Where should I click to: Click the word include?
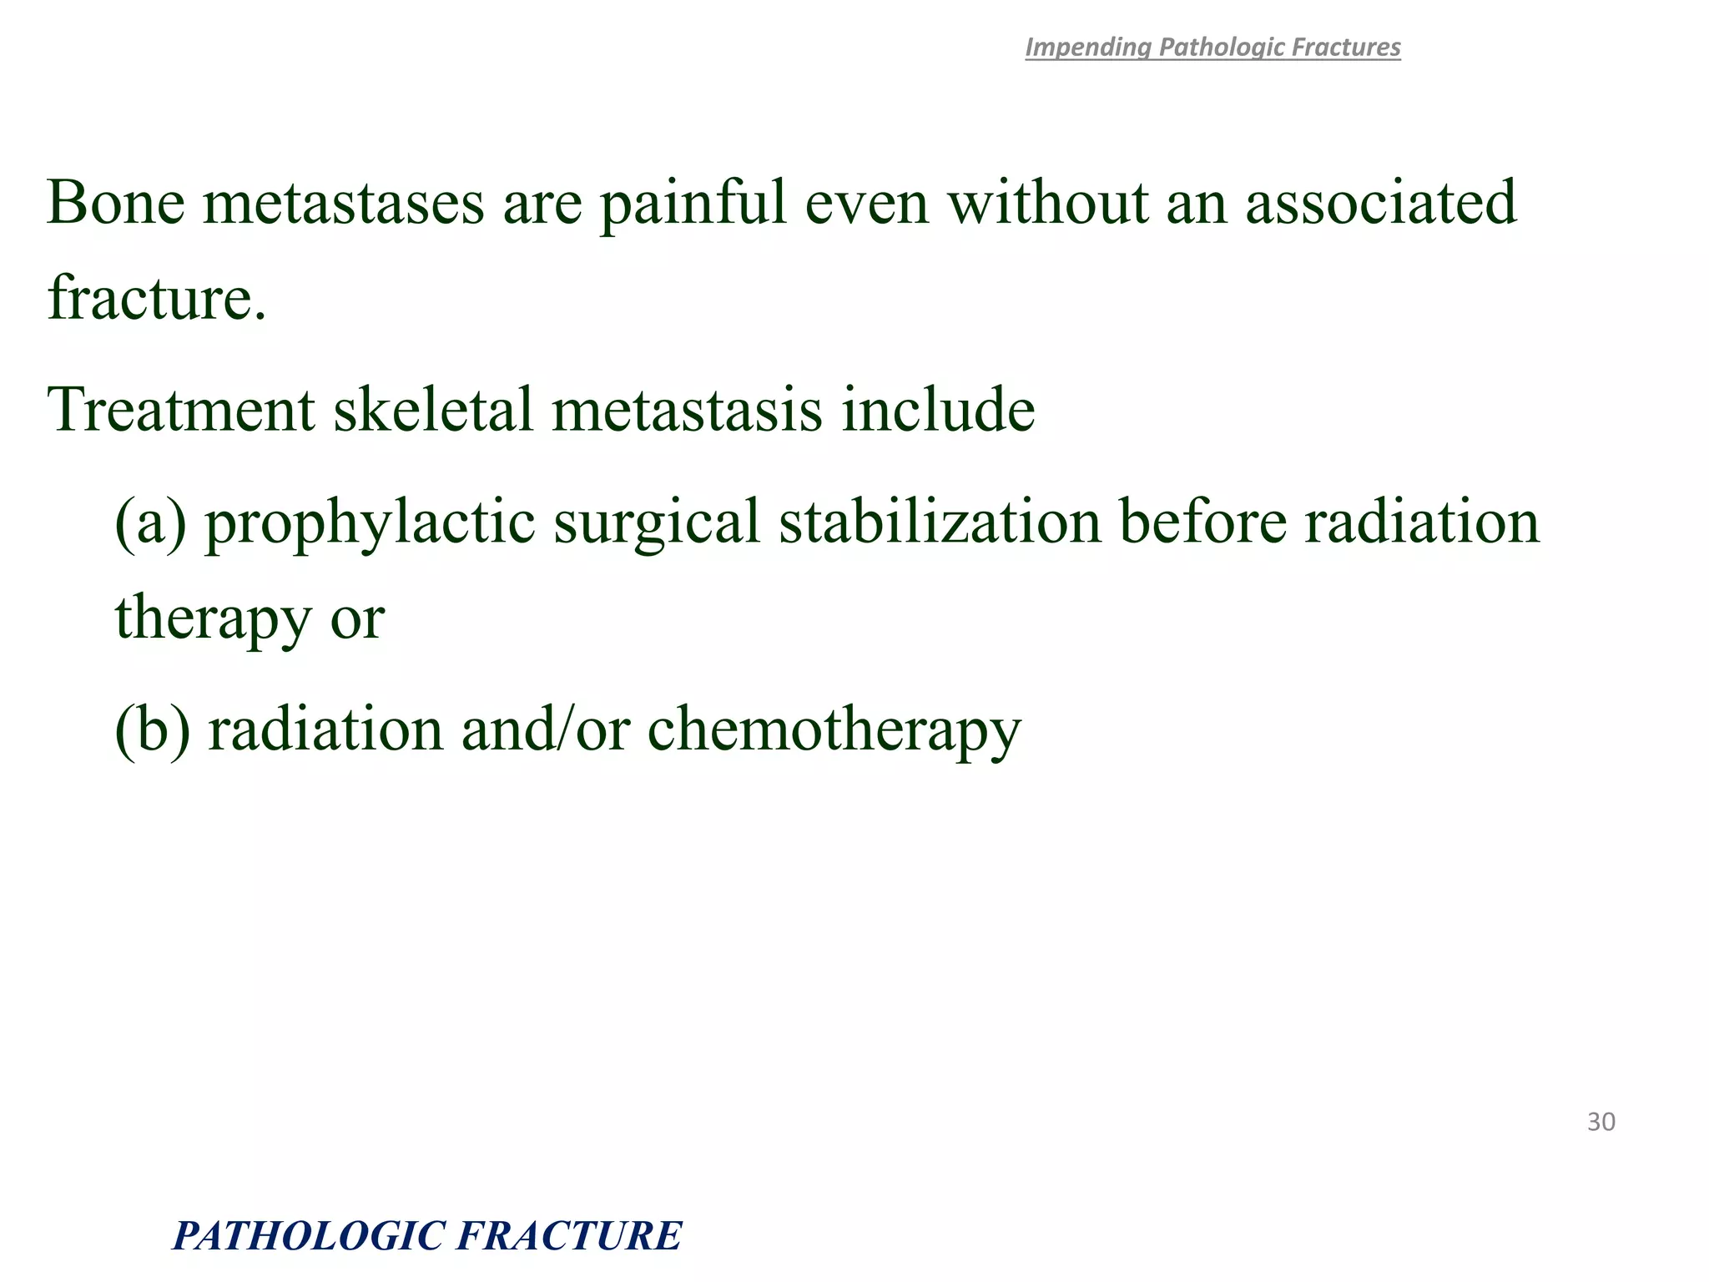click(x=938, y=410)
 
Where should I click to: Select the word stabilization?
click(x=940, y=522)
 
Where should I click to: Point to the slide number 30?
click(x=1601, y=1122)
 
